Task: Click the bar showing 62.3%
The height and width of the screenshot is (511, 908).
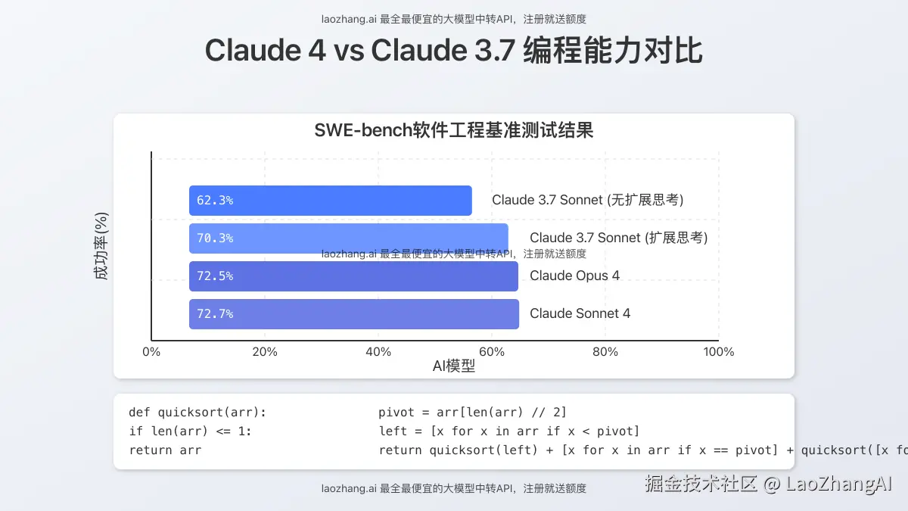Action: point(331,201)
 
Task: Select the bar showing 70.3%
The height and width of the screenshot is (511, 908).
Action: point(349,238)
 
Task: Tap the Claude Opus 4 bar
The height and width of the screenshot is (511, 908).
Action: point(353,276)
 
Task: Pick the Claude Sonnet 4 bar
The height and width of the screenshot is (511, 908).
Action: point(354,314)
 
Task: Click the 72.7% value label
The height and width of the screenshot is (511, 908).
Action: point(215,314)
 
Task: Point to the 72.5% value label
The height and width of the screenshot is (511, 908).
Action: point(215,276)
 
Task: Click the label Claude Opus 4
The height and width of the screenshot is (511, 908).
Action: point(574,276)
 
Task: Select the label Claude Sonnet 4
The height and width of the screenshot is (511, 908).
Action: point(580,313)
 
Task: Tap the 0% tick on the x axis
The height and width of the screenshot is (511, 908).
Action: point(151,352)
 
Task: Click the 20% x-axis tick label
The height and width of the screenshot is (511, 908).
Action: point(265,352)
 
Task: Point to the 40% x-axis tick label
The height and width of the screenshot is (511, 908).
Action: point(378,352)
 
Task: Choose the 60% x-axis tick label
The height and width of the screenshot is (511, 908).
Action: point(492,352)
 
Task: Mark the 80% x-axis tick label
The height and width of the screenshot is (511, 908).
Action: point(605,352)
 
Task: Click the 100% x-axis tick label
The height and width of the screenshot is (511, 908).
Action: point(719,352)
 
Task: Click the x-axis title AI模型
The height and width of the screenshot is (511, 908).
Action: point(454,366)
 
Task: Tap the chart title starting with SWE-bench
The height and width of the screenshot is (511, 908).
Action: point(454,130)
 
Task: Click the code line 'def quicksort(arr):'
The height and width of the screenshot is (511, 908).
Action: point(197,413)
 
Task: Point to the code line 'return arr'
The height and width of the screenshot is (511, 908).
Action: point(165,450)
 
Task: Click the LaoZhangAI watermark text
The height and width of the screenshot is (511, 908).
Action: point(769,484)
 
